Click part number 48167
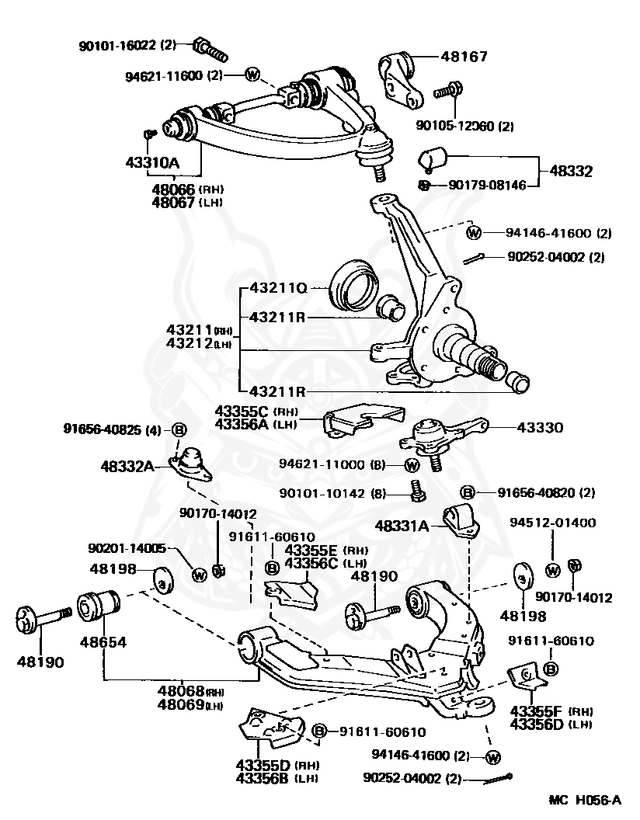(x=464, y=56)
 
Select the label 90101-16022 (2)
(x=127, y=46)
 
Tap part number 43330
(x=540, y=428)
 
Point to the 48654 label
(x=103, y=641)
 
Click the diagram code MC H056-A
(x=585, y=800)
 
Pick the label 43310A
(x=152, y=162)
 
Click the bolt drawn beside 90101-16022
(x=210, y=49)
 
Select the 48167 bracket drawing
(x=400, y=79)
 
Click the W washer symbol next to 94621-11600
(x=252, y=75)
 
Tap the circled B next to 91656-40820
(x=467, y=492)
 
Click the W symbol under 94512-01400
(x=553, y=571)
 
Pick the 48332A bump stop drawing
(x=191, y=464)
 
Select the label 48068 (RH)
(x=190, y=691)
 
